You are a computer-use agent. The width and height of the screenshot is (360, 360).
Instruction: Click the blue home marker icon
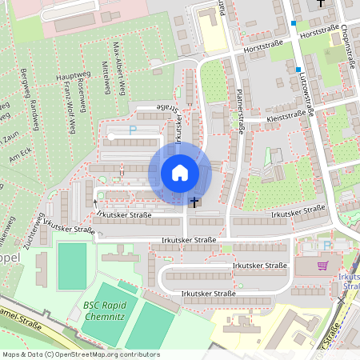[179, 172]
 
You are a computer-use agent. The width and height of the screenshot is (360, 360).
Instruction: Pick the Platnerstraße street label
[238, 111]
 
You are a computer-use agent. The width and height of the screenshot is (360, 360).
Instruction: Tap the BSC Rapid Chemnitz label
[102, 310]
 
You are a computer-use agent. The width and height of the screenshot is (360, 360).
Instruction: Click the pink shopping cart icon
[322, 266]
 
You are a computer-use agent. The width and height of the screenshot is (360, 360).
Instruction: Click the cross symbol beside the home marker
[194, 202]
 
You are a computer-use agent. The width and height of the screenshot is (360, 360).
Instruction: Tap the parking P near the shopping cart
[326, 246]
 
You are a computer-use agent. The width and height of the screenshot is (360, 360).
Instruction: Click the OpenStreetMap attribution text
[80, 354]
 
